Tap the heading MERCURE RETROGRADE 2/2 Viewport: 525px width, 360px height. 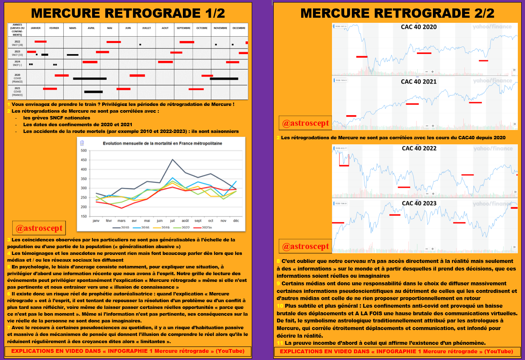(x=397, y=13)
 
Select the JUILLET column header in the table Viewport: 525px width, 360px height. (x=146, y=28)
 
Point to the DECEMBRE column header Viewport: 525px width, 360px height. (x=239, y=28)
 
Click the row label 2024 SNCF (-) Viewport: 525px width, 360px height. (x=17, y=63)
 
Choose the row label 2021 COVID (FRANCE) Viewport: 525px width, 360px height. (x=17, y=92)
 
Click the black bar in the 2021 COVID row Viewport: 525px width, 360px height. (x=93, y=92)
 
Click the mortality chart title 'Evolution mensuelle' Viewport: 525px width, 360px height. (x=163, y=143)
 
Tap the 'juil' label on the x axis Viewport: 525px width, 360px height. (x=172, y=220)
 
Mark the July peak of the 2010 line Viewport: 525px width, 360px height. (x=172, y=160)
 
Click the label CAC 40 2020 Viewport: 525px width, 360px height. (x=419, y=27)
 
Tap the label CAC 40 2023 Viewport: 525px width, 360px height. (x=419, y=203)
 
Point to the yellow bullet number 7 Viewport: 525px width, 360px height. (x=8, y=328)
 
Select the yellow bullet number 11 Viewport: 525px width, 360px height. (x=280, y=343)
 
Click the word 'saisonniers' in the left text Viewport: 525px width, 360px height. (x=223, y=131)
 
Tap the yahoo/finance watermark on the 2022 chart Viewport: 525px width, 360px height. (x=492, y=148)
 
